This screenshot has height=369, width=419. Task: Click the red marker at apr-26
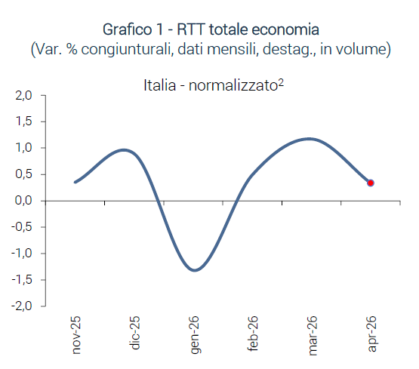click(x=371, y=183)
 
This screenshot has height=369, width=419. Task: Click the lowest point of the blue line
click(x=195, y=270)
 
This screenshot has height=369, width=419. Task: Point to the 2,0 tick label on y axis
click(x=23, y=95)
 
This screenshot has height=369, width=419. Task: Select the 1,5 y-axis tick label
click(x=24, y=121)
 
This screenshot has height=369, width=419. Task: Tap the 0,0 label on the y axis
click(x=23, y=201)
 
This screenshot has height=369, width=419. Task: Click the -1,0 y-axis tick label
click(x=22, y=253)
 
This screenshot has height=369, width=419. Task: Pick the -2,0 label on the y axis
click(x=22, y=306)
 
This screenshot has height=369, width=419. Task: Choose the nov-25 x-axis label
click(x=76, y=335)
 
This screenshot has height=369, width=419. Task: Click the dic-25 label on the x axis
click(x=134, y=333)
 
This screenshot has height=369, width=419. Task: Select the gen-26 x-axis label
click(x=195, y=335)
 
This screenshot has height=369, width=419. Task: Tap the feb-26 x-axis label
click(x=254, y=334)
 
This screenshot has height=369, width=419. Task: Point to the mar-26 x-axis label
click(x=313, y=336)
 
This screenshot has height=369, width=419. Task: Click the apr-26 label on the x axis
click(x=372, y=334)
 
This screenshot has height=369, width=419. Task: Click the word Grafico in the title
click(x=127, y=29)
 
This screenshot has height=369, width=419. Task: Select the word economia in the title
click(x=285, y=29)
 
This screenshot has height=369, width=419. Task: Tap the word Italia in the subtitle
click(x=160, y=85)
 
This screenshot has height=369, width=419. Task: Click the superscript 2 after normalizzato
click(x=281, y=82)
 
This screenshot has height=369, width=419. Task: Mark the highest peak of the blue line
click(x=310, y=139)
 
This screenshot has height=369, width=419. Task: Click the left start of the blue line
click(x=75, y=182)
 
